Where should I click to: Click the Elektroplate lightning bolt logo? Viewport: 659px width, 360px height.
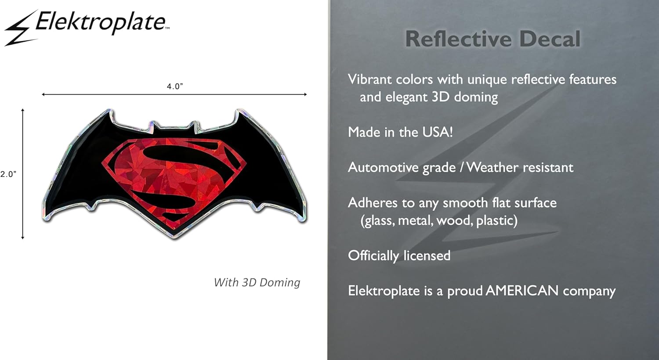(20, 29)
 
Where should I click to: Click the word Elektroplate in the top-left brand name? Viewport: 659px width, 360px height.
(100, 22)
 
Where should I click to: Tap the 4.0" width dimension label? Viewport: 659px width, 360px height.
(174, 86)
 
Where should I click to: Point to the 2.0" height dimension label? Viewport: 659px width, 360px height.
(8, 174)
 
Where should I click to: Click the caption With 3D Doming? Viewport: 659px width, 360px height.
(257, 282)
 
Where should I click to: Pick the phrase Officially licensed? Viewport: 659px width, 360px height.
(399, 256)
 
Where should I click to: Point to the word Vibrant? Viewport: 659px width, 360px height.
(369, 79)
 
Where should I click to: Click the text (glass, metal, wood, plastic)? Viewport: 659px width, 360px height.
(438, 220)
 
